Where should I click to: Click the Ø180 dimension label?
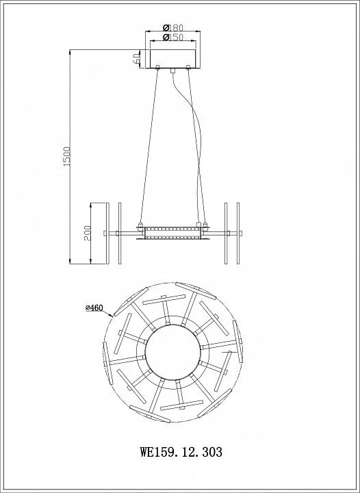tap(172, 27)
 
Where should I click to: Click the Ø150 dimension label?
tap(172, 37)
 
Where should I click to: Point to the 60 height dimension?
tap(136, 58)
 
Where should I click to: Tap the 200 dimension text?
tap(88, 233)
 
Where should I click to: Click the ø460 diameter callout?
tap(94, 308)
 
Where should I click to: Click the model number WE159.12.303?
tap(181, 452)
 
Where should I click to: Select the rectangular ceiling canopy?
tap(172, 58)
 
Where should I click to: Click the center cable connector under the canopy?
tap(172, 71)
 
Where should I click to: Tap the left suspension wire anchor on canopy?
tap(157, 66)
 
